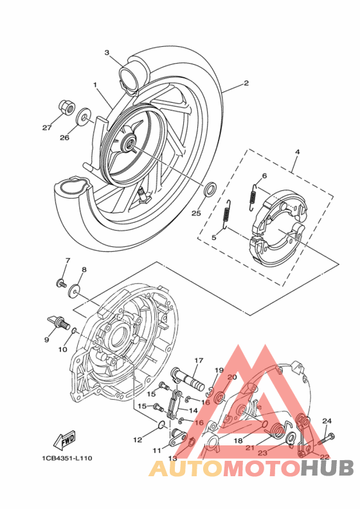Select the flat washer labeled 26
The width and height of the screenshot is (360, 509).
click(83, 119)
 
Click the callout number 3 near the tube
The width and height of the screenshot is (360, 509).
click(107, 53)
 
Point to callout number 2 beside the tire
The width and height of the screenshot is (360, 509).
click(246, 83)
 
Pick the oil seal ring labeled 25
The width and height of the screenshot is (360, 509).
click(210, 190)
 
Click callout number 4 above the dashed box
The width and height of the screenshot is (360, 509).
click(297, 152)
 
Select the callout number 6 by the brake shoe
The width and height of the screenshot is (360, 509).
click(264, 175)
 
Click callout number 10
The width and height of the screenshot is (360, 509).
click(62, 350)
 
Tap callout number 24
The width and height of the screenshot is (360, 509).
click(327, 421)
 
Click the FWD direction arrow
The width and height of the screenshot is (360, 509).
click(66, 441)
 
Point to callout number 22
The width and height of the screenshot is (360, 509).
click(324, 457)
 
